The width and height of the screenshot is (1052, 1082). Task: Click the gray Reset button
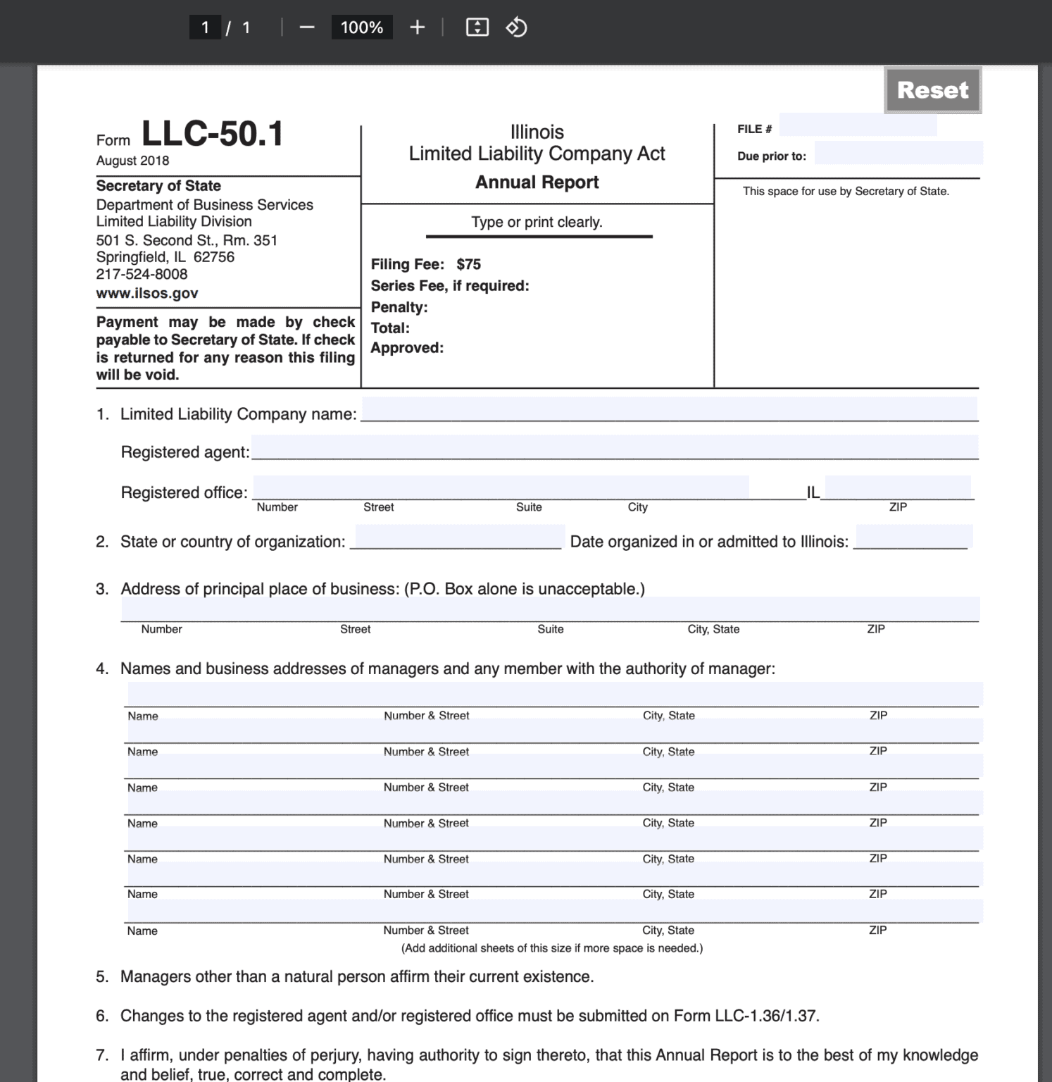[x=932, y=90]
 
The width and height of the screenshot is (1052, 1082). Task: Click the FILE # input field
[x=858, y=125]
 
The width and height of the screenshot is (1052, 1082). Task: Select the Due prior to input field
[x=898, y=153]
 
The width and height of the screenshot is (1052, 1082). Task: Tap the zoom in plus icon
[x=417, y=27]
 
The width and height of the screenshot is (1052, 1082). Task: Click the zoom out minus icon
[x=307, y=27]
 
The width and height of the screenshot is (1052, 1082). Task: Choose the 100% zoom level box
[x=361, y=27]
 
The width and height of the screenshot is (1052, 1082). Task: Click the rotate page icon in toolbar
[x=516, y=27]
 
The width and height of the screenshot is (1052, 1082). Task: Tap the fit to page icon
[x=477, y=27]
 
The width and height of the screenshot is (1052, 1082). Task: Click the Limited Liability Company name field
[x=668, y=409]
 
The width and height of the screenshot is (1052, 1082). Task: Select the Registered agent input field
[x=615, y=447]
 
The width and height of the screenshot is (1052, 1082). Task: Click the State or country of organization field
[x=458, y=537]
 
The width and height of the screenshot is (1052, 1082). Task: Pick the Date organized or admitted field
[x=913, y=537]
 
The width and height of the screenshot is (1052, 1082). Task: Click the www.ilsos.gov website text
[x=147, y=293]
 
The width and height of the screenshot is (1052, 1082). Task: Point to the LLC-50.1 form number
[x=212, y=133]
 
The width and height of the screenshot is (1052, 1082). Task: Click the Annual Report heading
[x=537, y=182]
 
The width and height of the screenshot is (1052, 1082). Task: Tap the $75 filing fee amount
[x=468, y=264]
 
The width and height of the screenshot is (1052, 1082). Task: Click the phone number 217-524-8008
[x=142, y=274]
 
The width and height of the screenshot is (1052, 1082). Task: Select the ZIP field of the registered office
[x=897, y=487]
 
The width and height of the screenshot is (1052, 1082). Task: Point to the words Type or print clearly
[x=537, y=223]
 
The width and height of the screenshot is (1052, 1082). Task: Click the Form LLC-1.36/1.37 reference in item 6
[x=746, y=1016]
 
